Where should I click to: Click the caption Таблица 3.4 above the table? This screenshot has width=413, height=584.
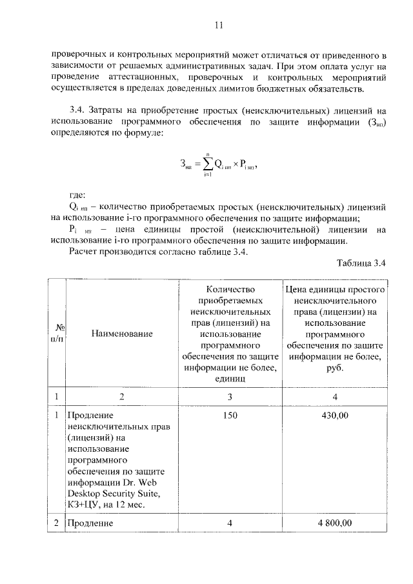pos(361,263)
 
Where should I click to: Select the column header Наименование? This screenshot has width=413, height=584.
pos(122,334)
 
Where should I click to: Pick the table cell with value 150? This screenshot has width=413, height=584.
pos(230,416)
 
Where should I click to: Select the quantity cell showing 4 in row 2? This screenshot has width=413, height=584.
pos(230,523)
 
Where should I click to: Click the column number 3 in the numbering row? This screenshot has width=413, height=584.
pos(230,396)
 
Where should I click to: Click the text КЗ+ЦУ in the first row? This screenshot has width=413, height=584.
pos(85,505)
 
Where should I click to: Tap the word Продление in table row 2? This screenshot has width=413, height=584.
pos(90,523)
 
